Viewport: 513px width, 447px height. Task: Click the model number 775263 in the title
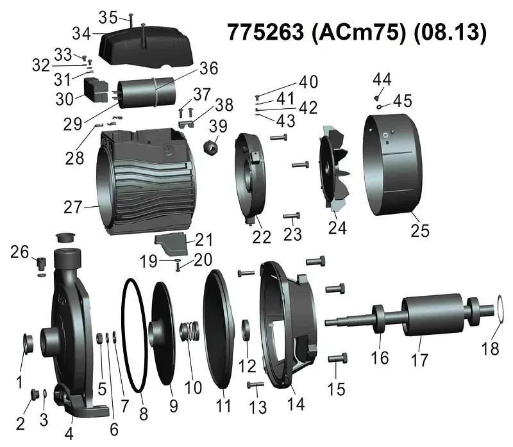(x=265, y=33)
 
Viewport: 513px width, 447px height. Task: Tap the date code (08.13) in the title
(x=450, y=33)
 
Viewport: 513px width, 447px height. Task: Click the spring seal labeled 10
(x=190, y=330)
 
